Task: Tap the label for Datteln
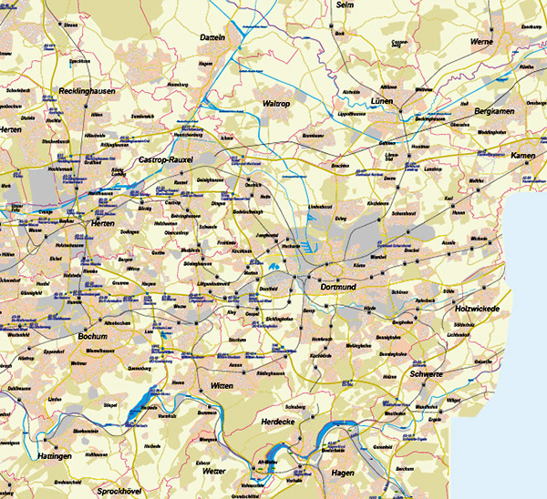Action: (x=212, y=37)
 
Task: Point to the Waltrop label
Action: (x=251, y=104)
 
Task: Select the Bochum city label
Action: (x=94, y=336)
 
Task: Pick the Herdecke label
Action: (x=280, y=422)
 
